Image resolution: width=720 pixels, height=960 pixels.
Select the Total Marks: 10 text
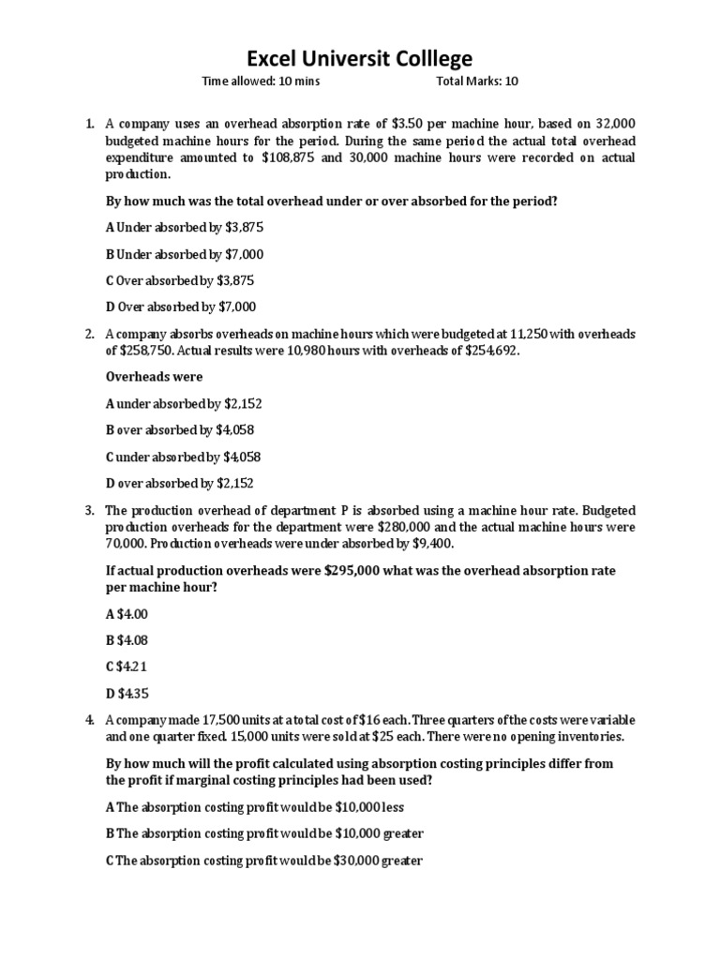pos(477,82)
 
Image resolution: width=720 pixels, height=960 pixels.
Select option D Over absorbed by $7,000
pos(181,307)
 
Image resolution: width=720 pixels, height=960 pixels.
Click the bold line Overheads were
pos(154,377)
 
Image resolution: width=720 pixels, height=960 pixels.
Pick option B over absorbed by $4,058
pos(180,430)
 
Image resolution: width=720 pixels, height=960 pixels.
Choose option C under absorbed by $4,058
pos(183,457)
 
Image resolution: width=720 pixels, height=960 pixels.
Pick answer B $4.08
pos(127,640)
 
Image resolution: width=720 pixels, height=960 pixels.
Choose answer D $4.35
pos(127,694)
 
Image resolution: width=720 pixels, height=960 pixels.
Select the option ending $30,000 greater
pos(264,860)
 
